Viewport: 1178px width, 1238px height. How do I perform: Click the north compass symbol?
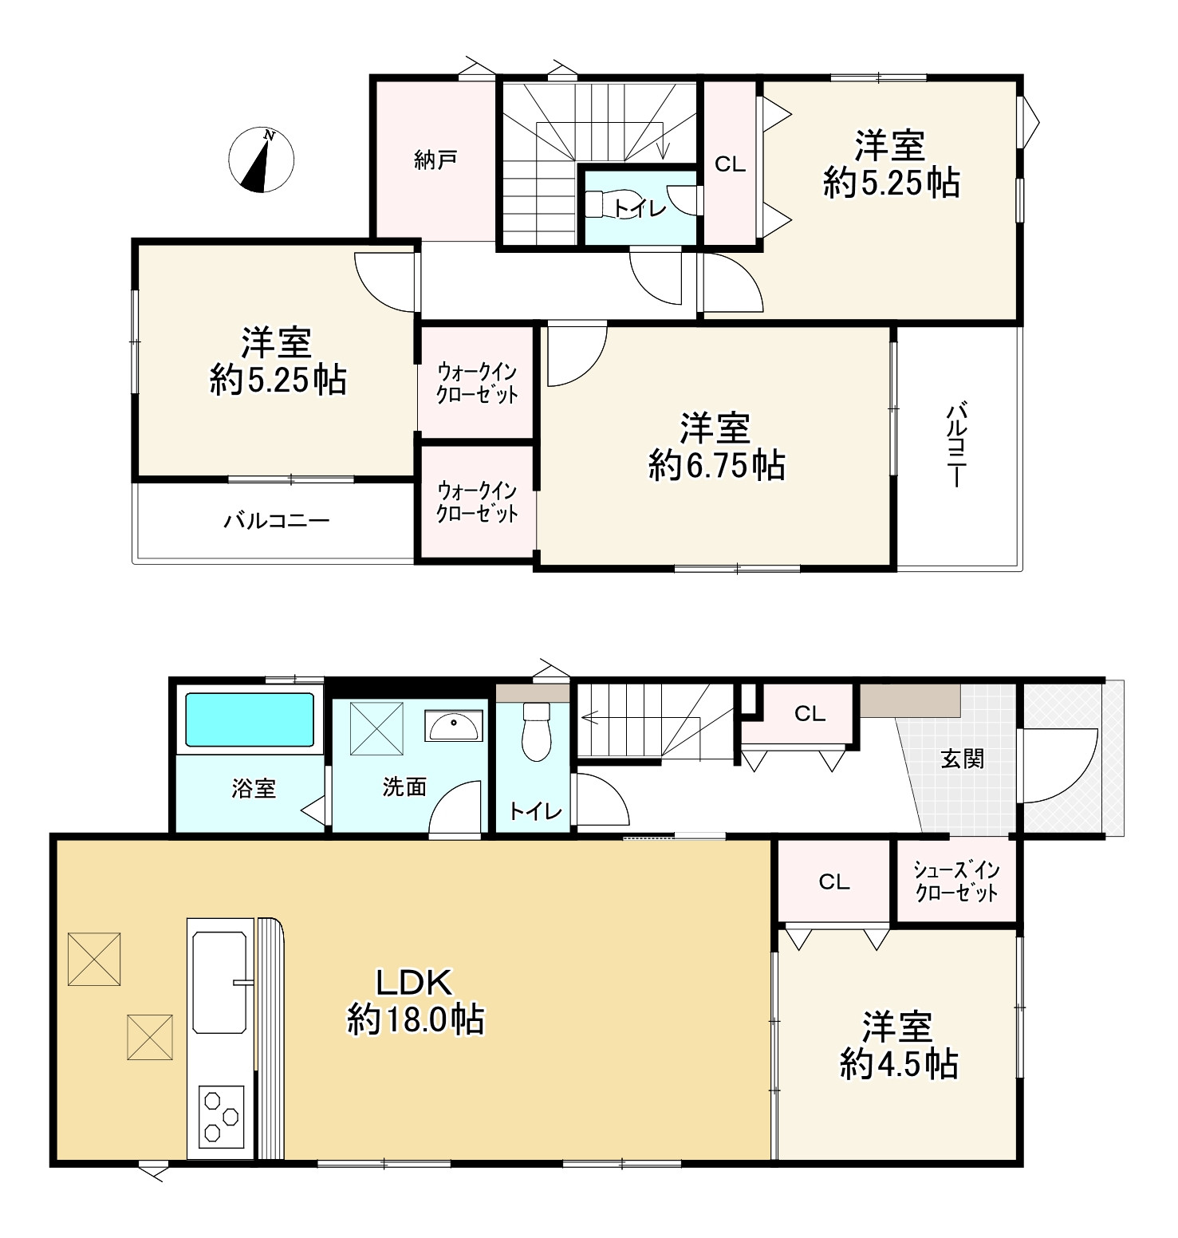coord(261,160)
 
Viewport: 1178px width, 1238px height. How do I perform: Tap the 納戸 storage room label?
coord(435,160)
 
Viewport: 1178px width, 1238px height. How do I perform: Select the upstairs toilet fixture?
coord(604,204)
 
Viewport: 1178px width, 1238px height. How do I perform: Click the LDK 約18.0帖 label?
coord(415,1001)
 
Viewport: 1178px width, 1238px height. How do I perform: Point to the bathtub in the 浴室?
coord(250,719)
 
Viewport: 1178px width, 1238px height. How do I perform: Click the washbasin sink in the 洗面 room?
coord(454,725)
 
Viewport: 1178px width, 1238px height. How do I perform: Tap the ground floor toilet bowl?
coord(536,732)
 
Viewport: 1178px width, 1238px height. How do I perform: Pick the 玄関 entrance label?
coord(962,759)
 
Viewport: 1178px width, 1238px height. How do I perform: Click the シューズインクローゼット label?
coord(956,881)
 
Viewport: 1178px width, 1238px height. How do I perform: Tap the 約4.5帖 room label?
coord(898,1046)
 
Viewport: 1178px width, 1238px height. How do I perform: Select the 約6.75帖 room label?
coord(715,447)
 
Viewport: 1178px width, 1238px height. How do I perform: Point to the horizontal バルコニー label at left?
coord(276,522)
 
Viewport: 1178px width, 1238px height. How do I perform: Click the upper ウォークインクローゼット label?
coord(477,383)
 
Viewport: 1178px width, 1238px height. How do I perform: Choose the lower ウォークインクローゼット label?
coord(477,502)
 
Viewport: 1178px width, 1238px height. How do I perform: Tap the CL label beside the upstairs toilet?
coord(729,164)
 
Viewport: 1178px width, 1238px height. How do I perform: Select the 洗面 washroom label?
coord(404,787)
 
